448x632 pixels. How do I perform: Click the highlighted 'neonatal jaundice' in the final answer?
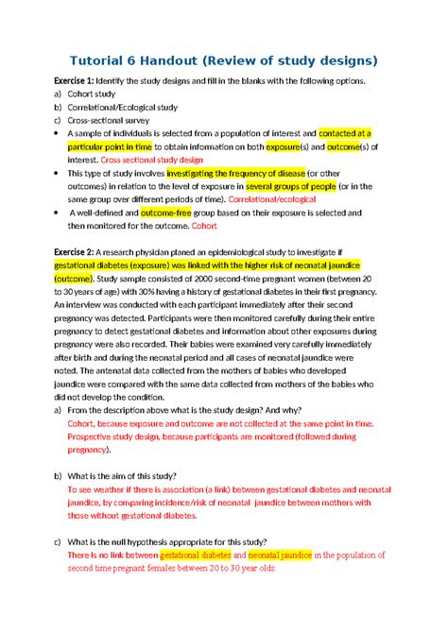point(284,555)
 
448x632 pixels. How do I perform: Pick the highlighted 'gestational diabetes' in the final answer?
point(195,555)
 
